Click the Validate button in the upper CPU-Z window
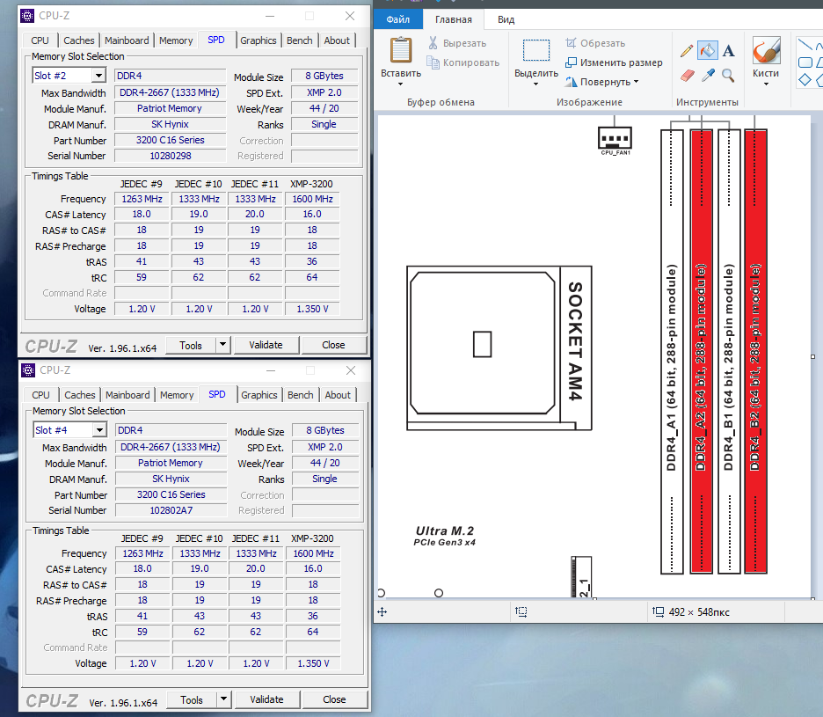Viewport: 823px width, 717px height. [266, 345]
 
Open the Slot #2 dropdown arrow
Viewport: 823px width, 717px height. [98, 76]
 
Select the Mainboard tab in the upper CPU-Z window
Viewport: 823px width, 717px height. [127, 40]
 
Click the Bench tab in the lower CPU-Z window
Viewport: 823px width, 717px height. [300, 395]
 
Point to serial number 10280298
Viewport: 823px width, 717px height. [171, 156]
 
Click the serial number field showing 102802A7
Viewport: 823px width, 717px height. [171, 510]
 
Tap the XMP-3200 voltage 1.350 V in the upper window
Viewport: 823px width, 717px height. [312, 309]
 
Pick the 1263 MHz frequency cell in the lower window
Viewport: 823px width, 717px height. [142, 553]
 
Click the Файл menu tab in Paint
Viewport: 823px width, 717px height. [397, 19]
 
